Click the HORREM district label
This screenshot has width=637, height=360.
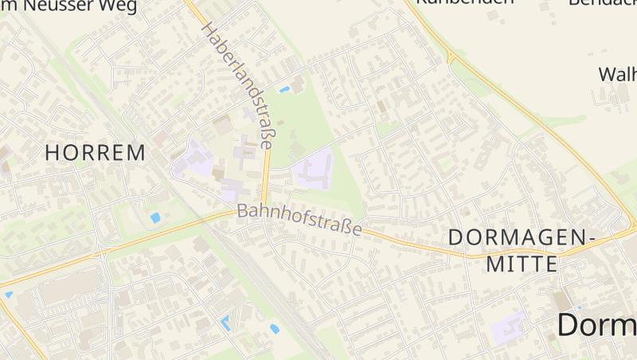click(x=96, y=152)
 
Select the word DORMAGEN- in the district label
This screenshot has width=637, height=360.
click(x=522, y=237)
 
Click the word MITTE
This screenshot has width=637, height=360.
click(x=522, y=264)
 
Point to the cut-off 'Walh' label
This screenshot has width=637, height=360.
click(x=617, y=74)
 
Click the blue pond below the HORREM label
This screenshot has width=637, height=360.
click(x=155, y=217)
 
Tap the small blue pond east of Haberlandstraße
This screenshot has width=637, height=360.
click(x=284, y=88)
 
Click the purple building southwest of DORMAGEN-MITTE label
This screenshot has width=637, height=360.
click(x=509, y=327)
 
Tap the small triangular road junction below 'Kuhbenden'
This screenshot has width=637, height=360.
click(x=451, y=57)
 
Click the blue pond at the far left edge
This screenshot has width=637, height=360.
click(x=9, y=295)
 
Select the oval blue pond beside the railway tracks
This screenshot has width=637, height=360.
click(x=275, y=328)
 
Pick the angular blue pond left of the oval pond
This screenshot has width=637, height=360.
click(x=225, y=323)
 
